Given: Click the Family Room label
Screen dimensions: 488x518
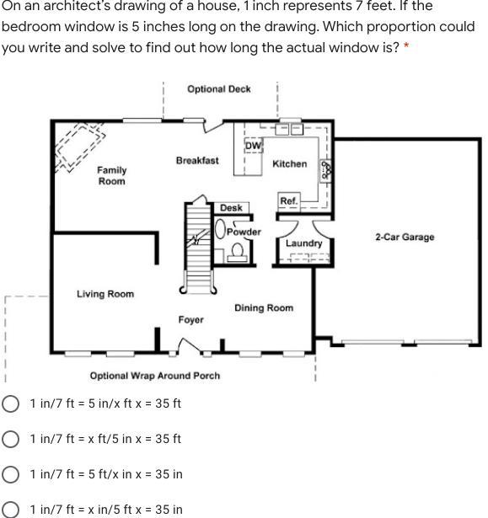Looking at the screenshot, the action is (x=112, y=175).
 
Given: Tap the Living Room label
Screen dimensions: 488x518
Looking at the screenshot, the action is (x=105, y=294).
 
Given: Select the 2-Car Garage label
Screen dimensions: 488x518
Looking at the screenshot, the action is (x=405, y=238).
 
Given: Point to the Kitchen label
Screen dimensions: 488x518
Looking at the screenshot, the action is (x=290, y=164).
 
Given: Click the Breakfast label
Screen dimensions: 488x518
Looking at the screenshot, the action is (x=197, y=161).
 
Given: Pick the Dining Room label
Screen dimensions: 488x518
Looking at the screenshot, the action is (x=264, y=308).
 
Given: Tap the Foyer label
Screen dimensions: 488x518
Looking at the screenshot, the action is (x=191, y=320).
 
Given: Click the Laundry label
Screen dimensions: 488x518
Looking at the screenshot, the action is (x=304, y=243).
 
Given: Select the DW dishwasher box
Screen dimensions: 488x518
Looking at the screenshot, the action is (x=254, y=146).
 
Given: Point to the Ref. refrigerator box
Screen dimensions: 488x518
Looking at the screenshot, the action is (x=289, y=200).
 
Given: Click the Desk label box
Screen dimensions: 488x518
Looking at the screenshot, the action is (x=232, y=208).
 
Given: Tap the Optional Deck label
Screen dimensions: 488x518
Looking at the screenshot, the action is (x=219, y=89).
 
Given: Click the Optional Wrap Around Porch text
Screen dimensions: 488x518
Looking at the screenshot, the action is (x=155, y=376).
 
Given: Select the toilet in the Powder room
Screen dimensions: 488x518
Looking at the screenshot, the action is (x=237, y=253).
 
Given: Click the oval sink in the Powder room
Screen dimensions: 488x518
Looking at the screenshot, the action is (x=220, y=229).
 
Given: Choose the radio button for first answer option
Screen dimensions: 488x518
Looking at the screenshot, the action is (x=10, y=403).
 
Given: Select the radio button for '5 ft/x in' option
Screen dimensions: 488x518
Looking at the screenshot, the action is (x=10, y=474).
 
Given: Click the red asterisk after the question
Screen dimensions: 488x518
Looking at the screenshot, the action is (x=406, y=45).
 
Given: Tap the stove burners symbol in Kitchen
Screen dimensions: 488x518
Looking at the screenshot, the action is (x=325, y=171).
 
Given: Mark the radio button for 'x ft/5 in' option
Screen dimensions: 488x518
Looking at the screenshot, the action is (x=10, y=439).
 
